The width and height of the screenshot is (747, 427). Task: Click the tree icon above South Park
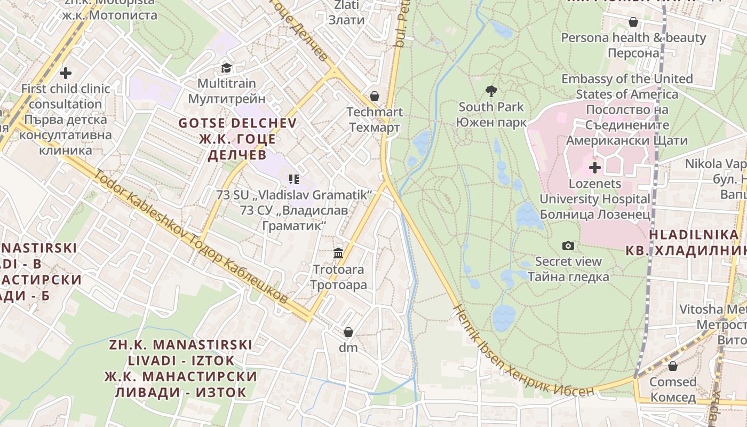coord(491,91)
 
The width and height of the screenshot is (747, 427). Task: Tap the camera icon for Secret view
coord(568,246)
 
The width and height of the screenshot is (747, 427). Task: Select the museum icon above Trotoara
coord(338,253)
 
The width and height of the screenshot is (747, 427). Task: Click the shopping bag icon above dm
coord(348,332)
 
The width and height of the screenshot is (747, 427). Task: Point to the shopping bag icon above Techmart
coord(375,96)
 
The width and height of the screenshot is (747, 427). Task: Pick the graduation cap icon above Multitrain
coord(227,68)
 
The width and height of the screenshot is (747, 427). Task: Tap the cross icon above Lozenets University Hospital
coord(594,168)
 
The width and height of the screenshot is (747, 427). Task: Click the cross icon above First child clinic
coord(66,73)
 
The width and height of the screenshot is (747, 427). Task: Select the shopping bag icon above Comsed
coord(672,366)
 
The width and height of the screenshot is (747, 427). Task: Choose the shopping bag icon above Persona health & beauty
coord(633,22)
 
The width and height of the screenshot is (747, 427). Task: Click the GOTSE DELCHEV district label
coord(237,123)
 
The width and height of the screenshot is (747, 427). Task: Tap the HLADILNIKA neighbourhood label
coord(694,234)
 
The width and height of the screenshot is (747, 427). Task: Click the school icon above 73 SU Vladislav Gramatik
coord(293,179)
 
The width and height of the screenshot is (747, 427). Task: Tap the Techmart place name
coord(375,112)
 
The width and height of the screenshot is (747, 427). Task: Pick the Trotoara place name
coord(338,270)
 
